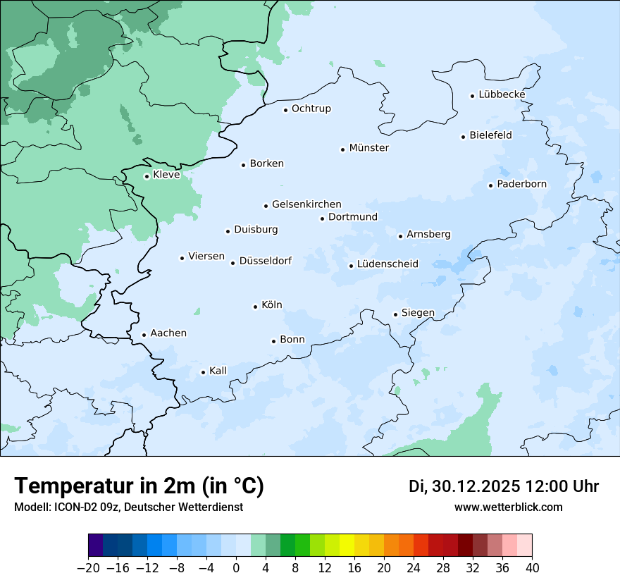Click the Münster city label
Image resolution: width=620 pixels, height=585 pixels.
click(x=368, y=148)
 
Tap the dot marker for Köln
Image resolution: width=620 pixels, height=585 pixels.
click(x=255, y=307)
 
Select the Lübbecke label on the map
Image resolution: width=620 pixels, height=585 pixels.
click(x=502, y=94)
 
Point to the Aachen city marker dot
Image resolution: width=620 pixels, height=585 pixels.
click(x=144, y=335)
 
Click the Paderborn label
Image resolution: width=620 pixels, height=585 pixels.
click(x=521, y=185)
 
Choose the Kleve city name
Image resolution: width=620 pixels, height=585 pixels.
click(x=166, y=175)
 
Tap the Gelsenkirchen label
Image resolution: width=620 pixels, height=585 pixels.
click(x=306, y=204)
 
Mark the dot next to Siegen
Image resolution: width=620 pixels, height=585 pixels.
click(x=395, y=314)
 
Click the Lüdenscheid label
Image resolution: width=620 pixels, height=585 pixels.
click(x=387, y=264)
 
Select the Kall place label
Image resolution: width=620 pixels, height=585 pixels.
click(x=218, y=371)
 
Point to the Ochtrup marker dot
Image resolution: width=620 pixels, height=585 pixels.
click(x=285, y=110)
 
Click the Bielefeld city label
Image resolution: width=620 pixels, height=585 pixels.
click(x=490, y=135)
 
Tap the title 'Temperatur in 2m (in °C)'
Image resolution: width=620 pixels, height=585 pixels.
click(x=139, y=486)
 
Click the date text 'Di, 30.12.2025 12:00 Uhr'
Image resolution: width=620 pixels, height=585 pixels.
click(x=504, y=486)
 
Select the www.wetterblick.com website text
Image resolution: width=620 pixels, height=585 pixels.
click(x=508, y=507)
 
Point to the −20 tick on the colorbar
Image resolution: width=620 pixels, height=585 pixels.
click(x=89, y=568)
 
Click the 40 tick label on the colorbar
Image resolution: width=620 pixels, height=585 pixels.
click(x=532, y=568)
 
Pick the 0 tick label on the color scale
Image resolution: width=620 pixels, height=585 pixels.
click(x=236, y=568)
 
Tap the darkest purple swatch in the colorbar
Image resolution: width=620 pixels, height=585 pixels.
click(x=96, y=546)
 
